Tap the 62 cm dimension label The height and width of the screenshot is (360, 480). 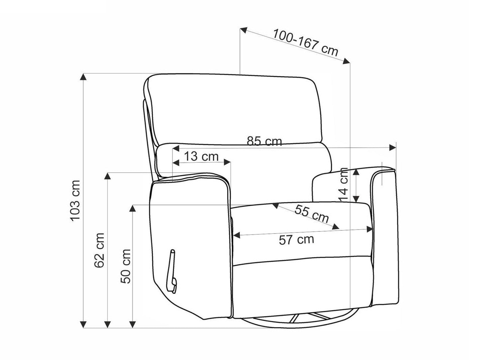click(x=100, y=250)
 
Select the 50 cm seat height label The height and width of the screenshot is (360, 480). click(x=126, y=266)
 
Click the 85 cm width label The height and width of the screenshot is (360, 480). click(x=264, y=141)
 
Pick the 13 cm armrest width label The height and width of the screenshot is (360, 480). click(x=201, y=156)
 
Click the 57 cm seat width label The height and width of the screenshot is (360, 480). click(x=296, y=239)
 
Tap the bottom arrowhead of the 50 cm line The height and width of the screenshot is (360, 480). click(x=133, y=330)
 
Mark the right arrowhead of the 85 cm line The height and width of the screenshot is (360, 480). click(x=392, y=147)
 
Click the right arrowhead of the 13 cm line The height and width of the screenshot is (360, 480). click(x=228, y=162)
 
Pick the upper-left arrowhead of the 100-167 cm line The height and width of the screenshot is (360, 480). click(x=243, y=30)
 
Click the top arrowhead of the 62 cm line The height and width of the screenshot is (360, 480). click(x=107, y=176)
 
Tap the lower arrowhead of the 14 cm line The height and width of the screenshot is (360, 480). click(x=356, y=199)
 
